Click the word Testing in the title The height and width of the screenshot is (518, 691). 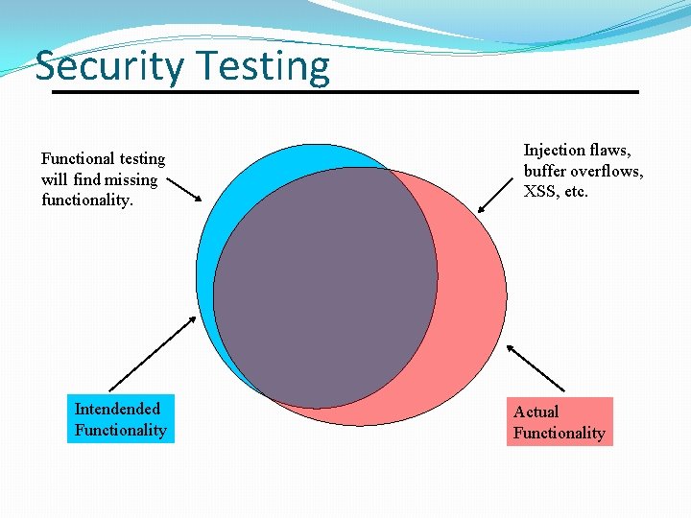(265, 67)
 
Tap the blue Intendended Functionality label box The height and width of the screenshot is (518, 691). (121, 419)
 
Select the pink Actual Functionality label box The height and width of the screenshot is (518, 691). (560, 422)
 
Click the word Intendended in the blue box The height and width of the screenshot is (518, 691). (117, 410)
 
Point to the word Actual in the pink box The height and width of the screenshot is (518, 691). (536, 412)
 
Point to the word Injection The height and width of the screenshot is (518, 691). (554, 151)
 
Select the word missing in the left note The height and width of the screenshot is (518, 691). (131, 179)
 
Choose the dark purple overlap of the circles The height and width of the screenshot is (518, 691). (326, 288)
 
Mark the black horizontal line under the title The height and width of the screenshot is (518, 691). (345, 92)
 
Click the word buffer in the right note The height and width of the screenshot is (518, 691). (545, 171)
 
